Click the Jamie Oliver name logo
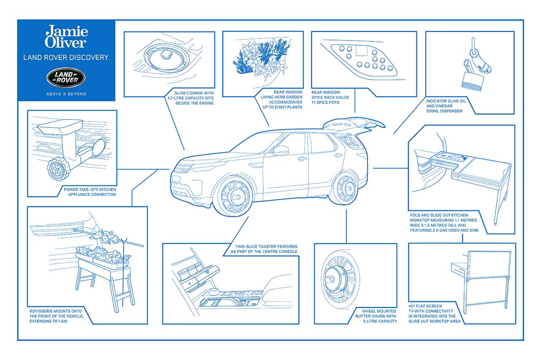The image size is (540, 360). point(66,37)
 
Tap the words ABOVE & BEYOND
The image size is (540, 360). point(66,94)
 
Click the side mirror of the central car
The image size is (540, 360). point(280,151)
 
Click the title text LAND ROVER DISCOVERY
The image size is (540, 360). point(66,57)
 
